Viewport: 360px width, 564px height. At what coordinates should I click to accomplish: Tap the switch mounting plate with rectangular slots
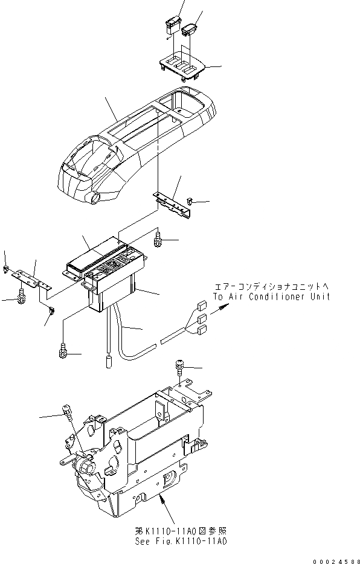click(181, 65)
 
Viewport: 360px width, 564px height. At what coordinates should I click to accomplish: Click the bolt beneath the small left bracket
click(21, 295)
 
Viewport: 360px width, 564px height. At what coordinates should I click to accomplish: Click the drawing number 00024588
click(332, 559)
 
